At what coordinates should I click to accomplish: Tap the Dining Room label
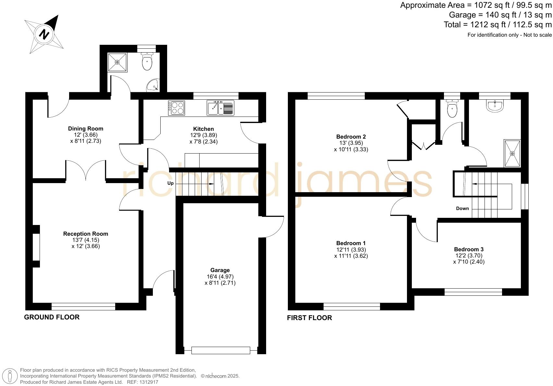[86, 129]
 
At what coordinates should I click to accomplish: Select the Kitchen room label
[203, 129]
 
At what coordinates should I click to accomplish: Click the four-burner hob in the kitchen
[177, 108]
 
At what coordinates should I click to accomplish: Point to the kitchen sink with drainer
[220, 108]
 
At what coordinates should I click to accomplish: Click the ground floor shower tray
[117, 62]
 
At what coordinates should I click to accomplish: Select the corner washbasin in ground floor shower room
[153, 86]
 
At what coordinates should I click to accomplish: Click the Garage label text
[220, 270]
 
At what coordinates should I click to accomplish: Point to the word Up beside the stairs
[170, 183]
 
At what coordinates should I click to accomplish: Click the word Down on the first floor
[462, 208]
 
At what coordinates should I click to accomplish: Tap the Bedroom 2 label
[351, 137]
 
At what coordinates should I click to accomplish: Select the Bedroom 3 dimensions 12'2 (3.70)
[469, 255]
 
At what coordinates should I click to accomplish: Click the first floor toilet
[452, 108]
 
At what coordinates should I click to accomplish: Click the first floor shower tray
[512, 154]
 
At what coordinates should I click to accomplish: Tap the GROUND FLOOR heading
[52, 317]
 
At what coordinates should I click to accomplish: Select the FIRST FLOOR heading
[309, 318]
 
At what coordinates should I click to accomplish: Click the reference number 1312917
[148, 382]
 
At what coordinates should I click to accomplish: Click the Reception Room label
[86, 234]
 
